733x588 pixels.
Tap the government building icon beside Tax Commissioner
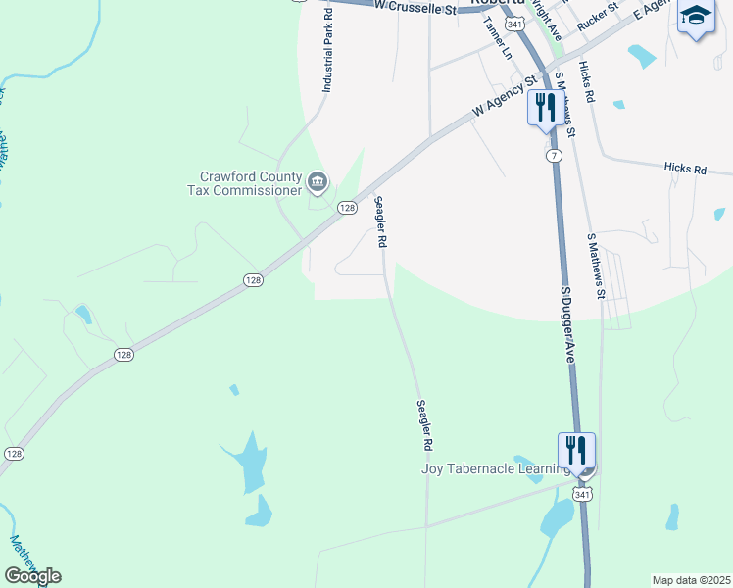click(318, 181)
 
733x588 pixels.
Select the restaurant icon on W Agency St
click(543, 107)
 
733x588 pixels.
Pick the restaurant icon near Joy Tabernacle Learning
click(575, 450)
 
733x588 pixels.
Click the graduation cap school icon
click(695, 16)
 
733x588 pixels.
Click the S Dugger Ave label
click(566, 325)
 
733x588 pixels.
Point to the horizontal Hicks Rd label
click(685, 170)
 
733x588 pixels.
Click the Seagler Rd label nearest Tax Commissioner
click(380, 221)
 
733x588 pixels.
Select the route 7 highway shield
click(555, 156)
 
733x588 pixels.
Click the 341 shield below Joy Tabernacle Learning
click(582, 496)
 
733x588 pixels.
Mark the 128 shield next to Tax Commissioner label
click(347, 208)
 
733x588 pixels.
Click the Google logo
click(32, 576)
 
